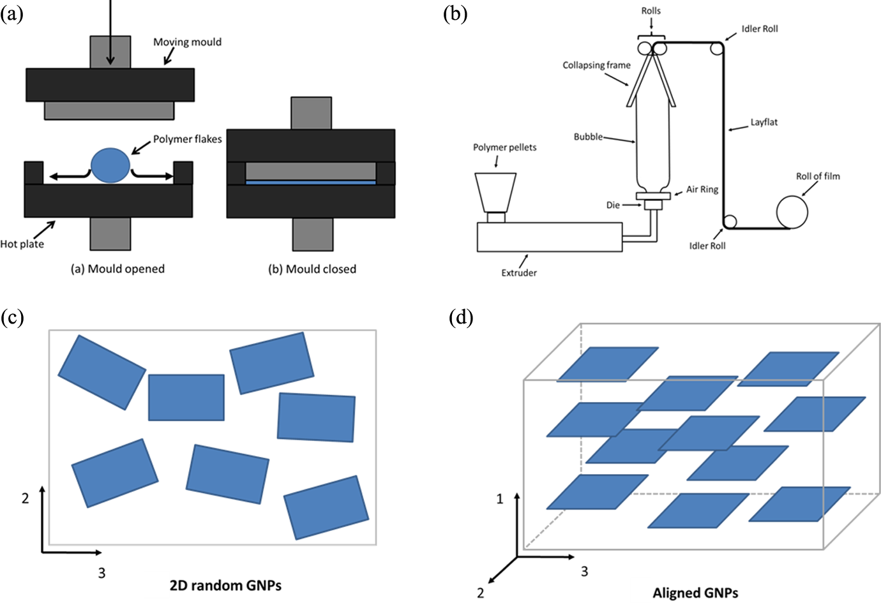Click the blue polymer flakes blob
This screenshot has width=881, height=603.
(x=110, y=165)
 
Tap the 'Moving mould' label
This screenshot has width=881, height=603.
(x=187, y=42)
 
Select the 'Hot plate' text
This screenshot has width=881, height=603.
(x=22, y=244)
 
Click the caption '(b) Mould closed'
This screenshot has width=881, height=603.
(x=312, y=269)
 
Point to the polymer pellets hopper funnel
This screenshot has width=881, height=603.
(x=495, y=193)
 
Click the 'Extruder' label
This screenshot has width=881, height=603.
(x=519, y=273)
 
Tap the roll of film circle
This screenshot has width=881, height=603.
(x=792, y=212)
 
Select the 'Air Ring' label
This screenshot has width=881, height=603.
(x=702, y=190)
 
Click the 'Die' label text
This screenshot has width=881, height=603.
(x=613, y=205)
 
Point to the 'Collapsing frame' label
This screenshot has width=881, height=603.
(x=596, y=65)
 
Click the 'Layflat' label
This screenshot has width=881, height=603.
(x=764, y=123)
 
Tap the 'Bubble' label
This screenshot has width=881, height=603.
(x=588, y=137)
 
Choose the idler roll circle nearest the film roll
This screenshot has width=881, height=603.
(x=730, y=221)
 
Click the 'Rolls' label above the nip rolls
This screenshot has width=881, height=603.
(x=651, y=11)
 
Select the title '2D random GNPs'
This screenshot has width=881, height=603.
(x=225, y=586)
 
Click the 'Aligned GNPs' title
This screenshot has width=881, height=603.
(x=695, y=593)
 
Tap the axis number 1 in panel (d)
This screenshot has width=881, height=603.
(x=499, y=499)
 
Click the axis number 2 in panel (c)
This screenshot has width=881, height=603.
(x=25, y=498)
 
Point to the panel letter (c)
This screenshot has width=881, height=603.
(x=11, y=317)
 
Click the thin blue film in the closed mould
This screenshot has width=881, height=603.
(x=311, y=182)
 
